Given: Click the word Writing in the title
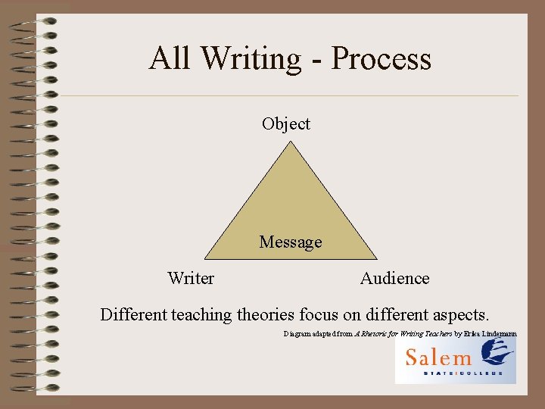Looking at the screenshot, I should (x=248, y=59).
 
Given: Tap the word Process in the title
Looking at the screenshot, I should (x=381, y=59).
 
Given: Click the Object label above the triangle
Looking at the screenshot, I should (x=286, y=123).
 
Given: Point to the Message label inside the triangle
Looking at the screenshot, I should (x=291, y=242).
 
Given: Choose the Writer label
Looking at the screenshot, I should (x=191, y=278).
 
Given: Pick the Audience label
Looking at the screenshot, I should (x=394, y=278).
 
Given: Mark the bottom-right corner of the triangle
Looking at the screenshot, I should (x=377, y=259).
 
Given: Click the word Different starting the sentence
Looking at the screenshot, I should (x=134, y=314).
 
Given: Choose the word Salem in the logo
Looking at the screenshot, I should (x=438, y=357).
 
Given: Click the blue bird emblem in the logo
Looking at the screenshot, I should (x=499, y=353).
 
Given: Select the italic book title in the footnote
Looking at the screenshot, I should (x=402, y=333).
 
